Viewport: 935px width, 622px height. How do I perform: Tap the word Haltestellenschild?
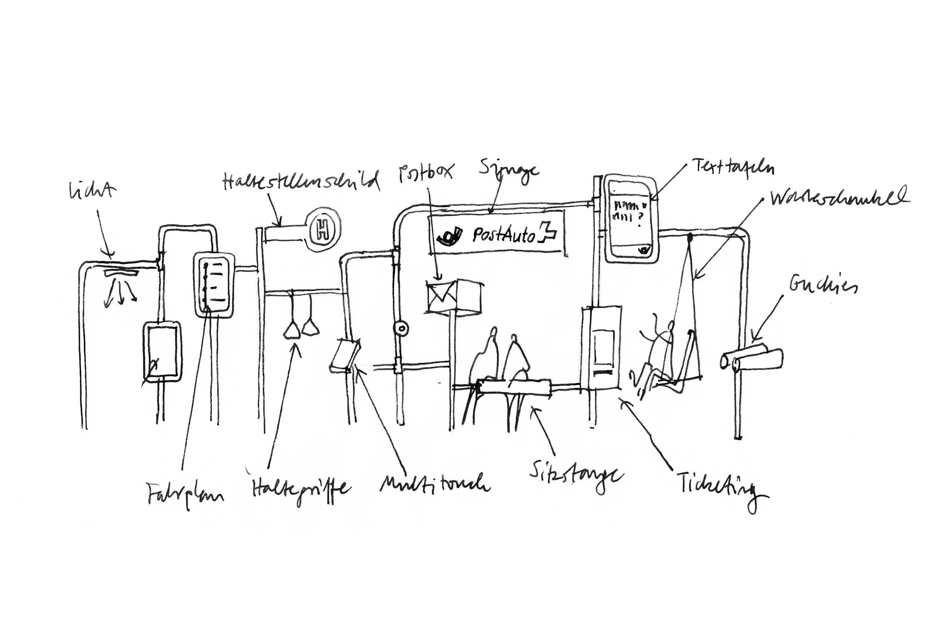click(301, 181)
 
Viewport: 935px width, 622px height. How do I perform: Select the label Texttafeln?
click(732, 168)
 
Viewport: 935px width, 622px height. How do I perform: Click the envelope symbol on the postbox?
click(441, 296)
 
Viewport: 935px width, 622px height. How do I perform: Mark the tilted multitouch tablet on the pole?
click(344, 354)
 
